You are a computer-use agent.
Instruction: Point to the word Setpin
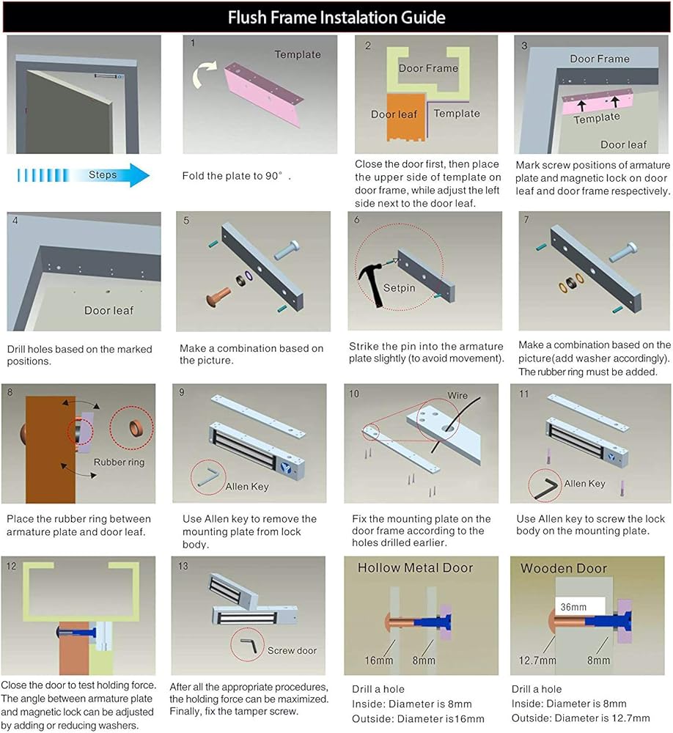pyautogui.click(x=400, y=288)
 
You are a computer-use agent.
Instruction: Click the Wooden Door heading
pyautogui.click(x=564, y=568)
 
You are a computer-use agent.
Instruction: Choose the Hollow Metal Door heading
pyautogui.click(x=415, y=567)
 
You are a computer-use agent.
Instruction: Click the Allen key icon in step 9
pyautogui.click(x=210, y=476)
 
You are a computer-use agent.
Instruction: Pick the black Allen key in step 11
pyautogui.click(x=546, y=485)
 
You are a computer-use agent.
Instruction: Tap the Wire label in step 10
pyautogui.click(x=457, y=396)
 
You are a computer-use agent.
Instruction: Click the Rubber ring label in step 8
pyautogui.click(x=119, y=463)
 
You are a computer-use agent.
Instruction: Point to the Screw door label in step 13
pyautogui.click(x=292, y=650)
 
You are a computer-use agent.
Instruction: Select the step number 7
pyautogui.click(x=525, y=220)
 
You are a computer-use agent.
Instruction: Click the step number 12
pyautogui.click(x=11, y=566)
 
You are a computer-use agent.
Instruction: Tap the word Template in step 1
pyautogui.click(x=298, y=54)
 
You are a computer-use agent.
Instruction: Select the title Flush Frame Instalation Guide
pyautogui.click(x=336, y=17)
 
